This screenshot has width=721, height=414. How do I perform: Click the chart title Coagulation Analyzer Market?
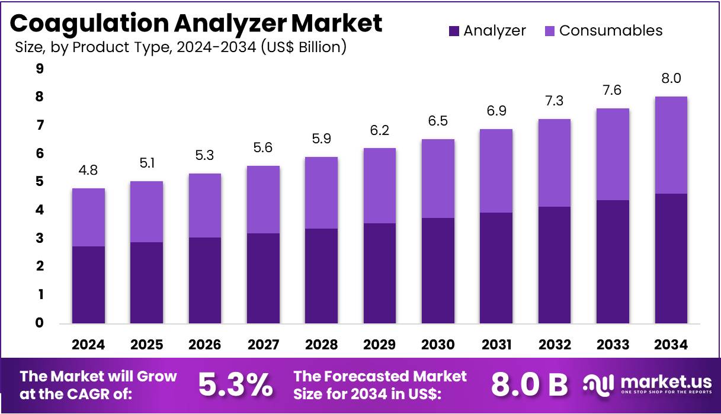coord(196,24)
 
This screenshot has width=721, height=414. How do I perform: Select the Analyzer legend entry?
coord(487,31)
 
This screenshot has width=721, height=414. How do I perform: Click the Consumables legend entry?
coord(603,31)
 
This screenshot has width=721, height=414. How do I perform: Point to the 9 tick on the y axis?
coord(40,69)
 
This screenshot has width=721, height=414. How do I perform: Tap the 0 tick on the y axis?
coord(40,323)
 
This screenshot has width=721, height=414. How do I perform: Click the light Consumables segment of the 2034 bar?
coord(671,145)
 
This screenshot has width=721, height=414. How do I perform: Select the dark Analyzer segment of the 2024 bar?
coord(88,285)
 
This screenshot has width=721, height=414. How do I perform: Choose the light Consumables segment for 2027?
coord(263,200)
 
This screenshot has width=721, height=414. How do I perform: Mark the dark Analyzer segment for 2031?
coord(496,268)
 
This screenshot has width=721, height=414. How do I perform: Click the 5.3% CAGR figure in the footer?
coord(235,385)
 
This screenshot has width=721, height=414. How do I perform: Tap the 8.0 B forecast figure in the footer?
coord(529,385)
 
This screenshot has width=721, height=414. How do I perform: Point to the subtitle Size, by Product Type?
coord(180,47)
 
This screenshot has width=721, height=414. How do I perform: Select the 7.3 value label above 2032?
coord(554,101)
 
